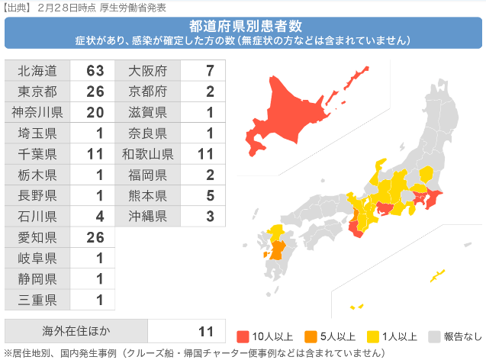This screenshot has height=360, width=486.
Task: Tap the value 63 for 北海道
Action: (x=94, y=71)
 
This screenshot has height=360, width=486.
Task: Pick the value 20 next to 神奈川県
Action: (x=94, y=112)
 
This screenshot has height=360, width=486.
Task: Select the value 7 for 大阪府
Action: (x=210, y=71)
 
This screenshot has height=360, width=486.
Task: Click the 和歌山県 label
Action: (x=148, y=153)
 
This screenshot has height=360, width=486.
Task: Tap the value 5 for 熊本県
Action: (x=210, y=195)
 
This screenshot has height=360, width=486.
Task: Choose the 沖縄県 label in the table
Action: (x=148, y=216)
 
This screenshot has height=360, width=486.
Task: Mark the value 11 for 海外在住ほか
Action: (x=205, y=331)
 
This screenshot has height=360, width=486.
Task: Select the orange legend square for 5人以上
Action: (x=309, y=336)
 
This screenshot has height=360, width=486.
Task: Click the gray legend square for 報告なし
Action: (x=435, y=336)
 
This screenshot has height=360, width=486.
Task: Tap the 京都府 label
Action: (x=148, y=92)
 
